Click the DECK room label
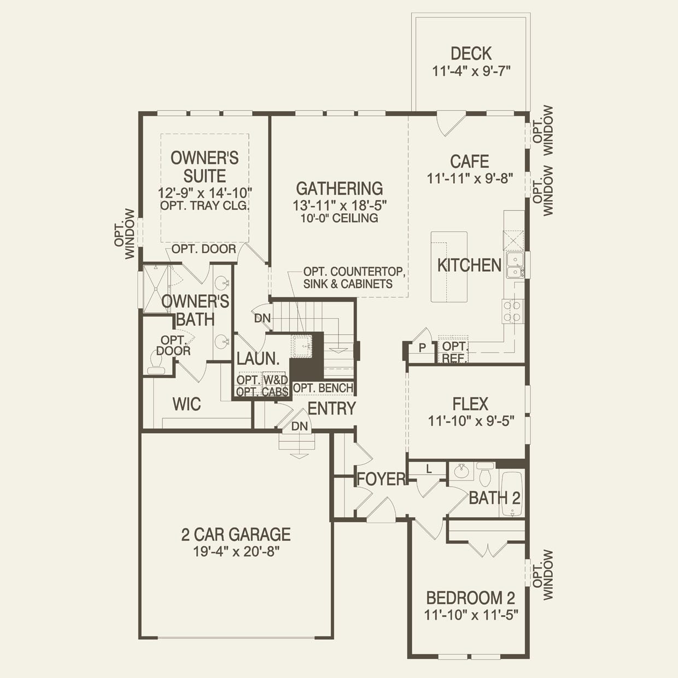(x=471, y=54)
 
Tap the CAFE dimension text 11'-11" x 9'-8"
(x=470, y=178)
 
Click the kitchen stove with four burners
(x=513, y=311)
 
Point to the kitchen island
(x=449, y=266)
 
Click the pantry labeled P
(x=422, y=348)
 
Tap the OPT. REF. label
(x=454, y=352)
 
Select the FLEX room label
(x=470, y=404)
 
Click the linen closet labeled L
(x=429, y=469)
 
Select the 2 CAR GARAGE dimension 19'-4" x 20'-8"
(x=236, y=551)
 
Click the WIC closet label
(x=186, y=404)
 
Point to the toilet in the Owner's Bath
(x=155, y=363)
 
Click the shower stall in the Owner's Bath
(x=155, y=289)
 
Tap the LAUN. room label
(x=258, y=359)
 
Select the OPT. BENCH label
(x=323, y=388)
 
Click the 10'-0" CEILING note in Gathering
(x=340, y=218)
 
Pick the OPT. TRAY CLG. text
(x=205, y=206)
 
